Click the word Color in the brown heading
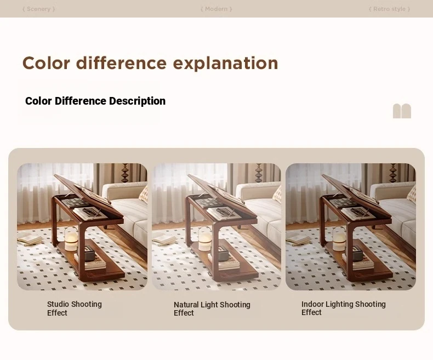[x=46, y=63]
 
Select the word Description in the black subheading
[x=137, y=101]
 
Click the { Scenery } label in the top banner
[x=39, y=9]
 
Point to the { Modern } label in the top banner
[x=216, y=9]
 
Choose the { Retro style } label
[x=389, y=9]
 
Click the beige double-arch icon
[x=402, y=111]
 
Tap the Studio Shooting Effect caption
[x=75, y=308]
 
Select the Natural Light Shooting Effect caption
[x=212, y=308]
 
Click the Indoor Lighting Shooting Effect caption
[x=343, y=308]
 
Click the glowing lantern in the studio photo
[x=71, y=239]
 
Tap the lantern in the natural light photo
[x=205, y=239]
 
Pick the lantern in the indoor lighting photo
[x=339, y=239]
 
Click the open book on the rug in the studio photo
[x=29, y=239]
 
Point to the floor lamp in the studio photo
[x=126, y=173]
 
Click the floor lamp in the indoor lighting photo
[x=392, y=173]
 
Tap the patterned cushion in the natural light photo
[x=277, y=194]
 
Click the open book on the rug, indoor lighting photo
[x=298, y=239]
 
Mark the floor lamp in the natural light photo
[x=259, y=173]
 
